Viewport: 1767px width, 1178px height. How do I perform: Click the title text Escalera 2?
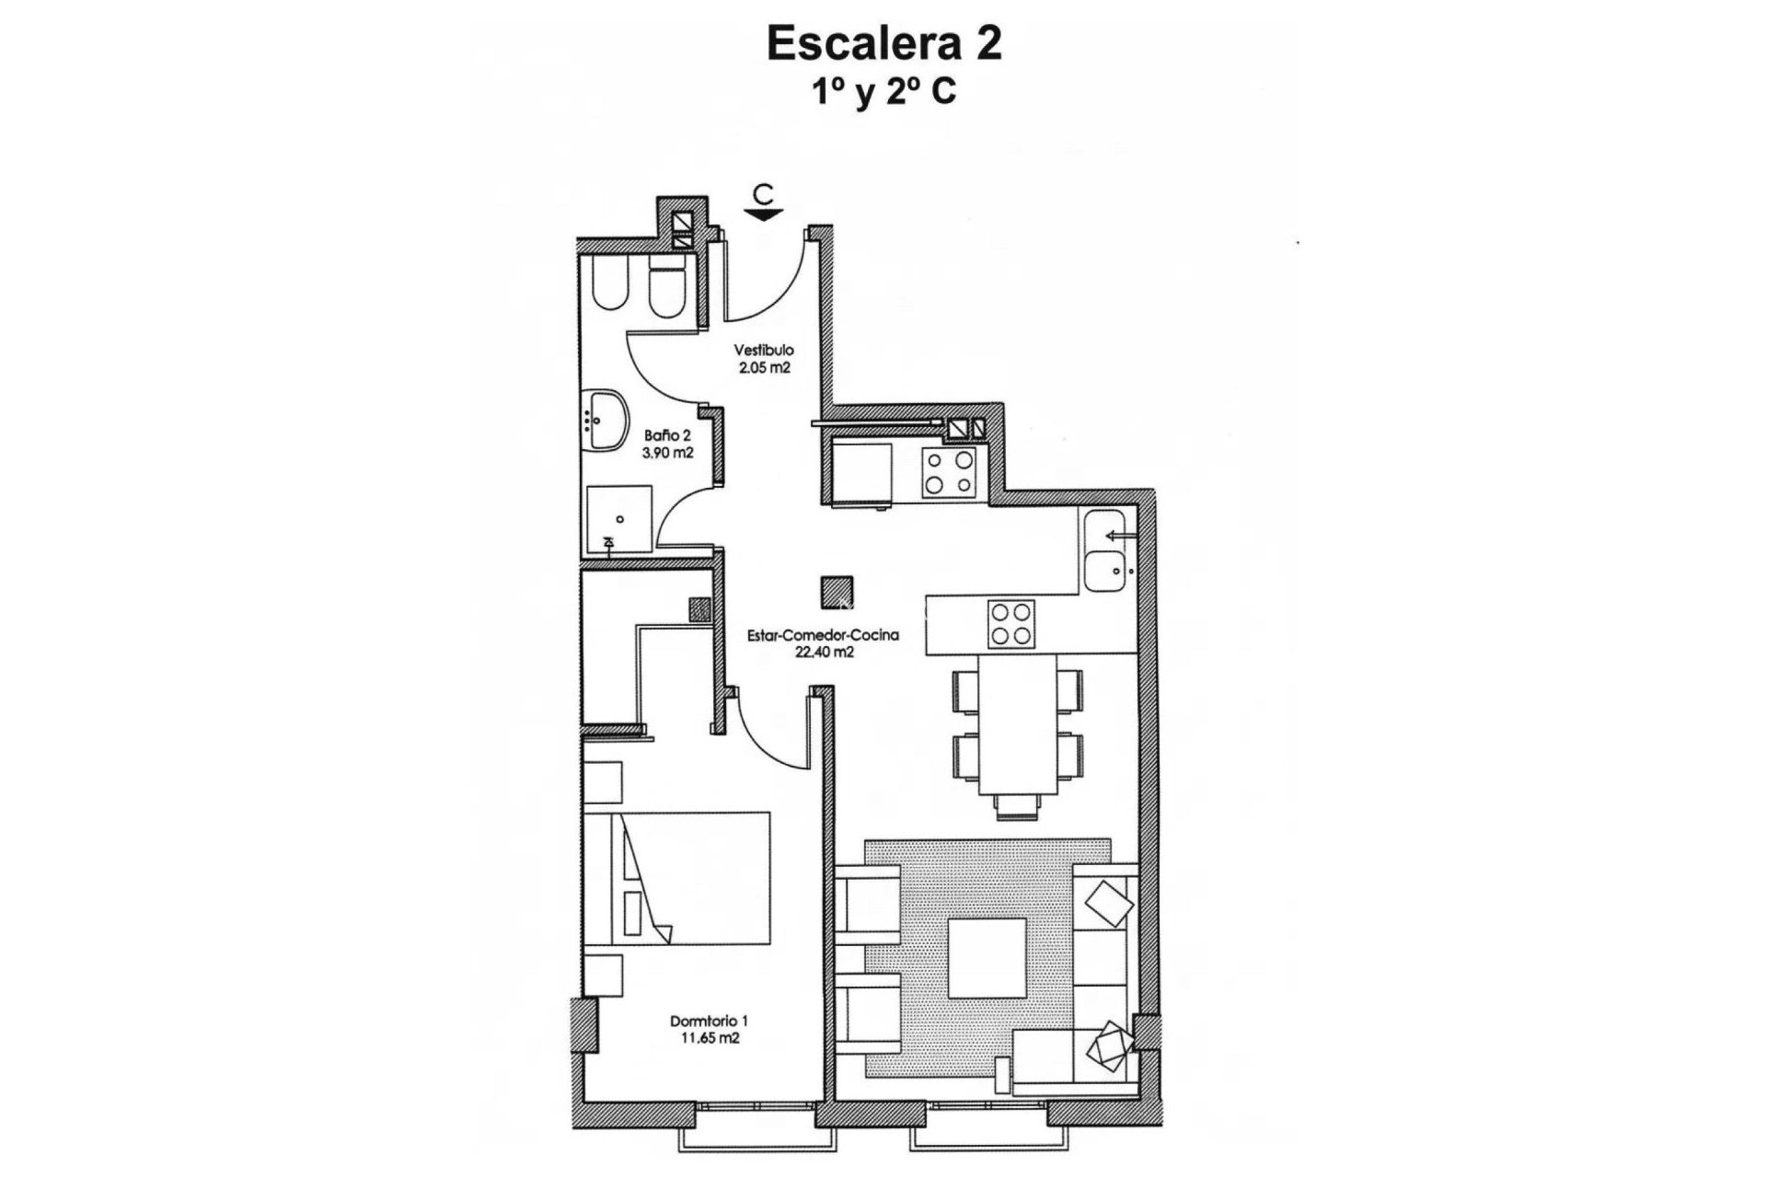[883, 44]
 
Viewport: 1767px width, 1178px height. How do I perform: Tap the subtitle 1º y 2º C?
[883, 92]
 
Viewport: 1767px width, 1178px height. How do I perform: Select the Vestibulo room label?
[764, 351]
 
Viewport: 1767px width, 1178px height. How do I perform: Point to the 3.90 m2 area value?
[668, 453]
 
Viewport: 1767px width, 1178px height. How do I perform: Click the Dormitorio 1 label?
[709, 1021]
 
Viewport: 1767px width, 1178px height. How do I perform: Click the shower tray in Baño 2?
[618, 519]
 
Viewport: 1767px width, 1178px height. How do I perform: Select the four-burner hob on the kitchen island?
[1011, 623]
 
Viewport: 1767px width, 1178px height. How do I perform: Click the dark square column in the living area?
[837, 590]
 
